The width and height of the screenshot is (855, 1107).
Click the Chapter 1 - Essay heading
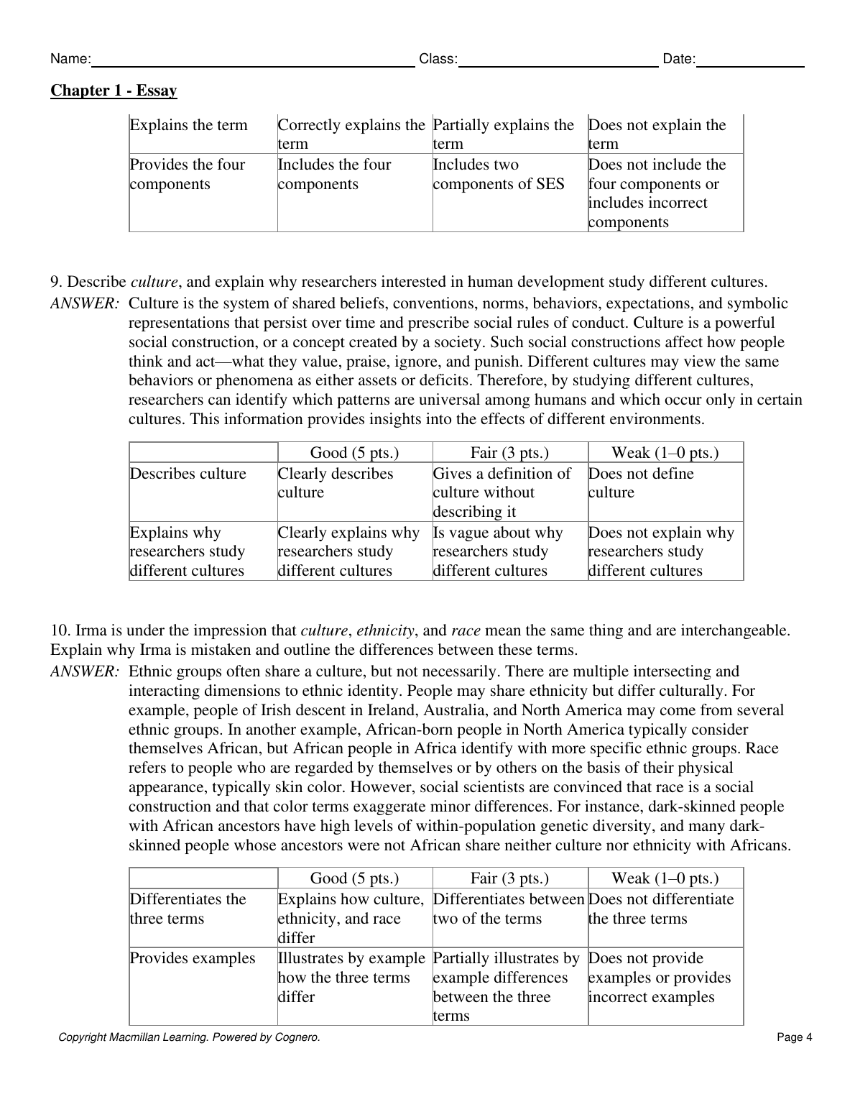click(114, 91)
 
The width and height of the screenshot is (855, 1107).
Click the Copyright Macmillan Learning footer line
click(189, 1037)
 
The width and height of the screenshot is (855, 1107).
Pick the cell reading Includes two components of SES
click(499, 175)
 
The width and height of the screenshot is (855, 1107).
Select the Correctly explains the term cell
click(351, 134)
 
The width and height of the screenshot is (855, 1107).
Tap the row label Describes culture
click(188, 474)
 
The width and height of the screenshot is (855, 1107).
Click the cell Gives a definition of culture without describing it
click(502, 492)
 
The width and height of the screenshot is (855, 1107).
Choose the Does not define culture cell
click(641, 483)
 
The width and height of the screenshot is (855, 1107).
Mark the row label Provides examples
click(193, 958)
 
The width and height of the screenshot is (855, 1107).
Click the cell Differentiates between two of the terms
click(509, 909)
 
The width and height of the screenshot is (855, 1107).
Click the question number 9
click(57, 282)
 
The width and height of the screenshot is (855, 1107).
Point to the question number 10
click(60, 631)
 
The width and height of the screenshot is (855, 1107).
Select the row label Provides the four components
click(188, 175)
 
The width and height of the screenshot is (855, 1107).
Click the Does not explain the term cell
click(657, 134)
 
